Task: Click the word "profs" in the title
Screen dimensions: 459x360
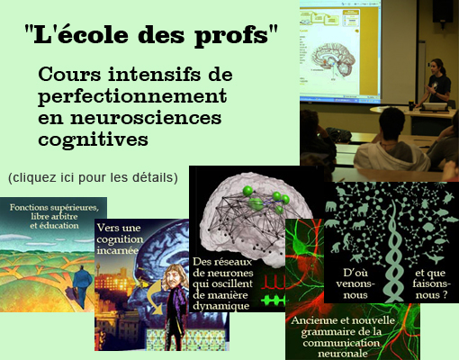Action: click(x=231, y=36)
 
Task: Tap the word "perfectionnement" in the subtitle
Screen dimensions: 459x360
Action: click(x=132, y=96)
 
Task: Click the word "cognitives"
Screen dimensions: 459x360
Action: click(x=93, y=139)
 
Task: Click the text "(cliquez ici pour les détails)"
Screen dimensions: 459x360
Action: click(x=93, y=177)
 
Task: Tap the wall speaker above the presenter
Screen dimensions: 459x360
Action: click(x=443, y=12)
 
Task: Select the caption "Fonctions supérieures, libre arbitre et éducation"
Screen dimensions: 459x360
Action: click(x=54, y=216)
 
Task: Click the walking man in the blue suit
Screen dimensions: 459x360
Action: click(x=82, y=286)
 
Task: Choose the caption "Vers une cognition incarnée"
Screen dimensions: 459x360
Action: click(x=120, y=239)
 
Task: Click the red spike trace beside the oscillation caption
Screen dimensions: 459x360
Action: click(x=273, y=282)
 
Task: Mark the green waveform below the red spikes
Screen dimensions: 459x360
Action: click(x=273, y=300)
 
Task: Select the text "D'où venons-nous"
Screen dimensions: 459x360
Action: click(x=355, y=283)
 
